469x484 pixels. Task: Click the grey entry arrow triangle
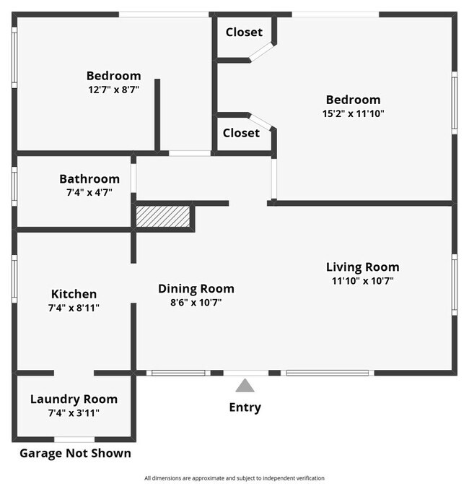point(245,386)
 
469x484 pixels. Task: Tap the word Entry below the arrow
point(245,407)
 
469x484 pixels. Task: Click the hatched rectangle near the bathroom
point(164,217)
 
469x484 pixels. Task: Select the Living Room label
point(362,267)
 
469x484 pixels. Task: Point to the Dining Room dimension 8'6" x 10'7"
point(196,303)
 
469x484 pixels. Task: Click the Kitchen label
point(74,294)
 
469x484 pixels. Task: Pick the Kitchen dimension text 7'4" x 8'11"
point(74,308)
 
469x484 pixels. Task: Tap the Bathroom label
point(89,178)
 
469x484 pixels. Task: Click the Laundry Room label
point(74,399)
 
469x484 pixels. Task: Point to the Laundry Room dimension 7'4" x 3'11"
point(74,412)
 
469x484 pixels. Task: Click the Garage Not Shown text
point(75,454)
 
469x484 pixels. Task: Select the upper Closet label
point(244,32)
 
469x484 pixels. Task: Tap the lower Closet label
point(241,133)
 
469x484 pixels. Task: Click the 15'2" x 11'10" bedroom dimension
point(353,113)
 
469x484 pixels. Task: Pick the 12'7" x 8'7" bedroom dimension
point(113,90)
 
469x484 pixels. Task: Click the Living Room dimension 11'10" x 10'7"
point(362,281)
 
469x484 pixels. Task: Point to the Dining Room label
point(196,288)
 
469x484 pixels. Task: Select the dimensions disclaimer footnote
point(234,477)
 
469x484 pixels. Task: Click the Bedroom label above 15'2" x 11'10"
point(353,100)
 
